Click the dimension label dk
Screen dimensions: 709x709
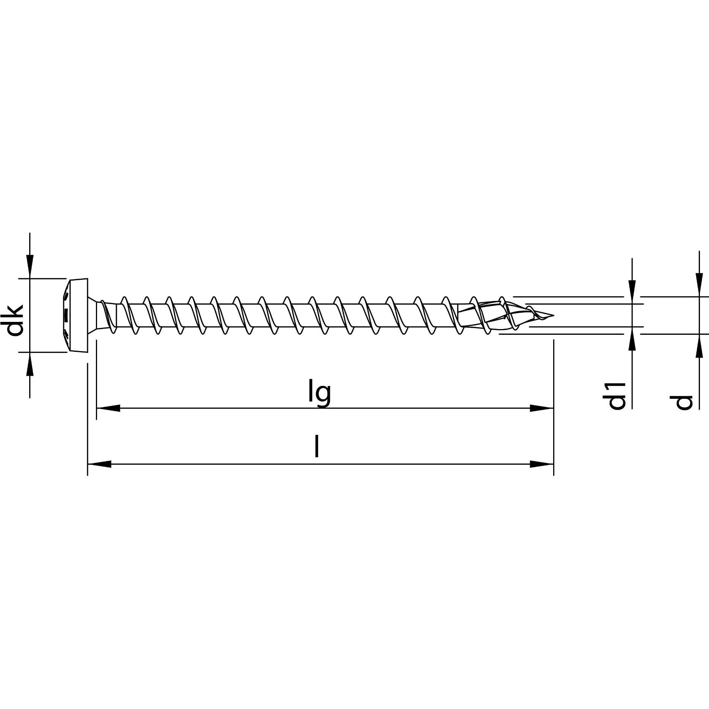pyautogui.click(x=15, y=315)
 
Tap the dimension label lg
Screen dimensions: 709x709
pyautogui.click(x=319, y=394)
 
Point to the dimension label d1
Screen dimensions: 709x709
pyautogui.click(x=616, y=396)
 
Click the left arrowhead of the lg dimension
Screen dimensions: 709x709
pyautogui.click(x=108, y=408)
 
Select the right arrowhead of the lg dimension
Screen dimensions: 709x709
pyautogui.click(x=541, y=408)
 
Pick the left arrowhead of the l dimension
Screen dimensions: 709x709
pyautogui.click(x=99, y=464)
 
